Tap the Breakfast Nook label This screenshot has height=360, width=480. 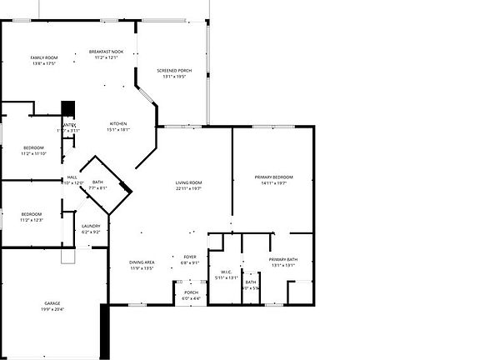pyautogui.click(x=106, y=52)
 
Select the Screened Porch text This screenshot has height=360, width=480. pyautogui.click(x=174, y=71)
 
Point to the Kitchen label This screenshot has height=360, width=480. pyautogui.click(x=117, y=124)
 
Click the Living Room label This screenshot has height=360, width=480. pyautogui.click(x=189, y=182)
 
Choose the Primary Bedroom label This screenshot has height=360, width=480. pyautogui.click(x=273, y=177)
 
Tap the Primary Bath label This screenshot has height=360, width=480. pyautogui.click(x=283, y=260)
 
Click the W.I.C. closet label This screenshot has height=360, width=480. pyautogui.click(x=226, y=272)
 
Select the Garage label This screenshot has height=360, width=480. pyautogui.click(x=52, y=303)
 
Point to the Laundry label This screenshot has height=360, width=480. pyautogui.click(x=91, y=226)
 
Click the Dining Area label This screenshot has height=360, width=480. pyautogui.click(x=142, y=262)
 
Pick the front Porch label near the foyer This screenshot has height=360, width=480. pyautogui.click(x=191, y=292)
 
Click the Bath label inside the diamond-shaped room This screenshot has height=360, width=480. pyautogui.click(x=98, y=182)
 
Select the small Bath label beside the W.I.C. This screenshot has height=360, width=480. pyautogui.click(x=251, y=282)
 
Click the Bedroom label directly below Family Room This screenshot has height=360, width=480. pyautogui.click(x=33, y=147)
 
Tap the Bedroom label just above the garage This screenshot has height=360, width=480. pyautogui.click(x=32, y=214)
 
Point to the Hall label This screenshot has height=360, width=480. pyautogui.click(x=72, y=177)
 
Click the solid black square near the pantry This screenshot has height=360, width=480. pyautogui.click(x=68, y=109)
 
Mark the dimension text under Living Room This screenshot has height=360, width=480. pyautogui.click(x=189, y=189)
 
